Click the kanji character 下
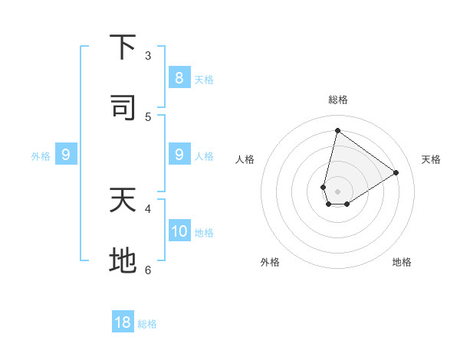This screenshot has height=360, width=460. coord(123,47)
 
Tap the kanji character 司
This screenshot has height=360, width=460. coord(123,108)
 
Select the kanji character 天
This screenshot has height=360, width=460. coord(123,200)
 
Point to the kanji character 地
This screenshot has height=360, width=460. coord(123,260)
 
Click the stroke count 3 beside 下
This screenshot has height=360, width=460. coord(148,55)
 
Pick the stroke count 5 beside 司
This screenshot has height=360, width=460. coord(148,116)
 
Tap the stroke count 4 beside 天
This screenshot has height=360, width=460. coord(148,208)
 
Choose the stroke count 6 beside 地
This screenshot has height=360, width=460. coord(148,269)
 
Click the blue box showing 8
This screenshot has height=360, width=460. coord(179,77)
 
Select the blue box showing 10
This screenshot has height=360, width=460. coord(179,231)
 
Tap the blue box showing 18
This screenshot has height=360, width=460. coord(123,322)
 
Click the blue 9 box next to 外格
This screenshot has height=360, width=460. coord(66,155)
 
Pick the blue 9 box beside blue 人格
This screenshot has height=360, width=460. coord(179,155)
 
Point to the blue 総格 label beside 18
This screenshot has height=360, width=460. coord(147,324)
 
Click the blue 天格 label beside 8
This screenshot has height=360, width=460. coord(204,79)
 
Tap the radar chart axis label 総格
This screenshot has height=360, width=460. coord(337,100)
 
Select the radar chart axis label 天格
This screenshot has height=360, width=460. coord(431,159)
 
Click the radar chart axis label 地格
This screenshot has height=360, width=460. coord(402,262)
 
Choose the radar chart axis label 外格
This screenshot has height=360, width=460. coord(270,262)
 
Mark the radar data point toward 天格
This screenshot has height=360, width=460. coord(396,172)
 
